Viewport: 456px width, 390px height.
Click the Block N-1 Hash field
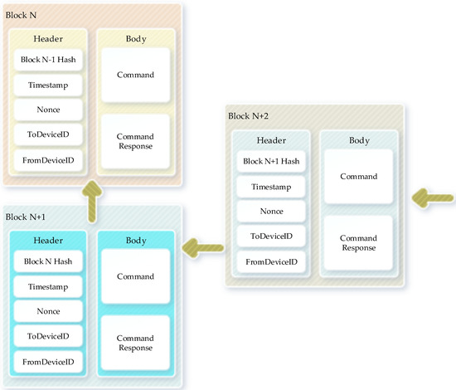48,61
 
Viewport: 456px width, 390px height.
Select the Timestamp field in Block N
48,85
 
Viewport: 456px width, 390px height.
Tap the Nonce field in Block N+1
47,311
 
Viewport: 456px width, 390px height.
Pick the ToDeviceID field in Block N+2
272,237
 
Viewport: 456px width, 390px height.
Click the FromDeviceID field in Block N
48,158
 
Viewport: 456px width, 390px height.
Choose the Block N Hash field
47,261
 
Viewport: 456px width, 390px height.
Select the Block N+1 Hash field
272,161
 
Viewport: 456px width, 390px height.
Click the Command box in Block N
135,76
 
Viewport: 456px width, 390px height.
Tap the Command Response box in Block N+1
135,343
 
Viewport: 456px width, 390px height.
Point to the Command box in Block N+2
358,176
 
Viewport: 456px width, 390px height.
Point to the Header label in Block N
48,38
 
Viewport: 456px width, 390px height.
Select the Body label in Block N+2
358,140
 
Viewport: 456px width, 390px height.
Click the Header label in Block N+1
47,240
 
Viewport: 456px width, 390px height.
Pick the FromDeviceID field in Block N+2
272,262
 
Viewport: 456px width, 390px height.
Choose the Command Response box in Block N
135,141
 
